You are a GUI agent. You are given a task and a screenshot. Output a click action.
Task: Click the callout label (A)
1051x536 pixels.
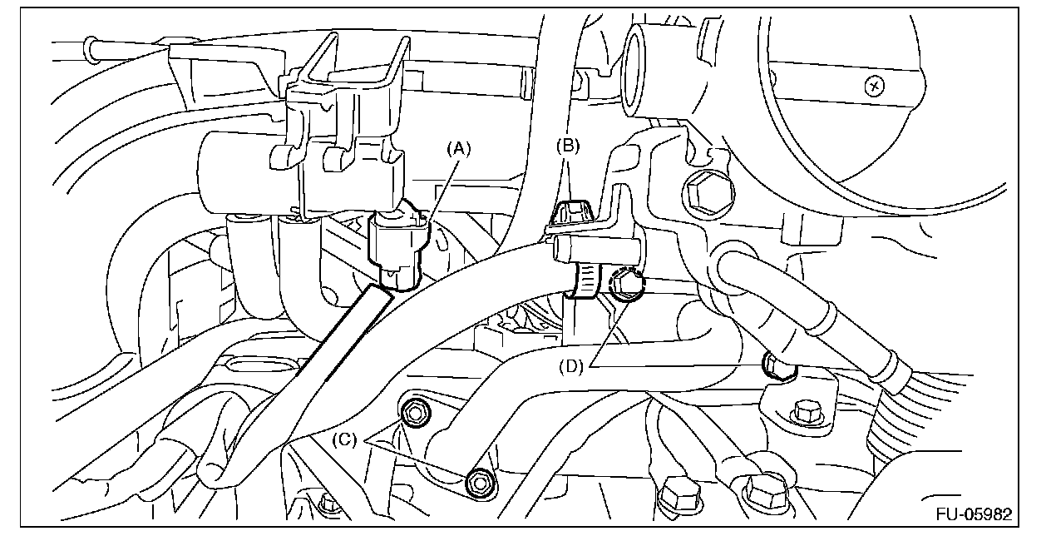point(459,149)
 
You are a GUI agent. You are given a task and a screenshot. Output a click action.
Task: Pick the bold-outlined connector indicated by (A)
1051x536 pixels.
point(397,246)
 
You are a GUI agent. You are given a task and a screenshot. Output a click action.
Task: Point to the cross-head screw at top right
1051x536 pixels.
point(872,85)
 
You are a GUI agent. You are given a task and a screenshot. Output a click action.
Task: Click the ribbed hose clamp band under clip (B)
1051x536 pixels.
point(585,280)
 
